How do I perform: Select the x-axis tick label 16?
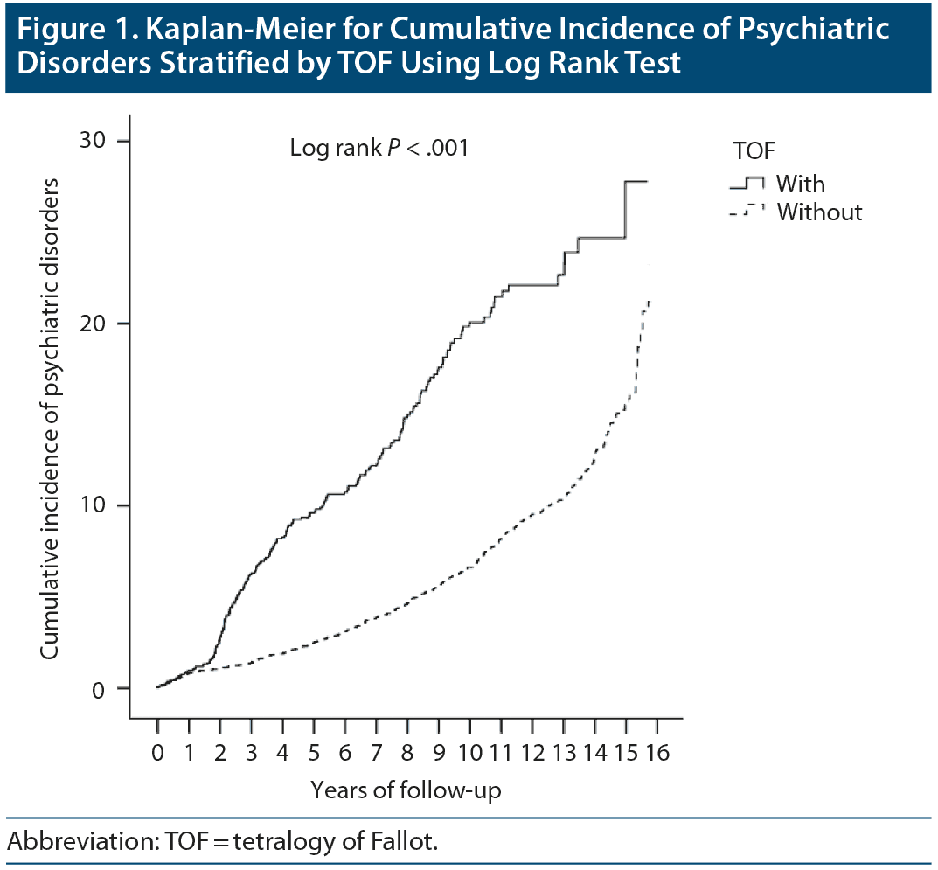pyautogui.click(x=658, y=753)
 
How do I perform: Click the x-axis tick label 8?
pyautogui.click(x=407, y=753)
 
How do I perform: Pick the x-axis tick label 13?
pyautogui.click(x=564, y=753)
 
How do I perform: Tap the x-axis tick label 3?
pyautogui.click(x=251, y=753)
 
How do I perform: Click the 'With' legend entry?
pyautogui.click(x=800, y=184)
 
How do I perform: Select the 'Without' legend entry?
pyautogui.click(x=819, y=212)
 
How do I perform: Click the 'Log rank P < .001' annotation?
pyautogui.click(x=379, y=149)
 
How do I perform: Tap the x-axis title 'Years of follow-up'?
pyautogui.click(x=406, y=790)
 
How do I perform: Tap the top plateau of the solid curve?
pyautogui.click(x=636, y=181)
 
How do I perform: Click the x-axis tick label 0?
pyautogui.click(x=157, y=753)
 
